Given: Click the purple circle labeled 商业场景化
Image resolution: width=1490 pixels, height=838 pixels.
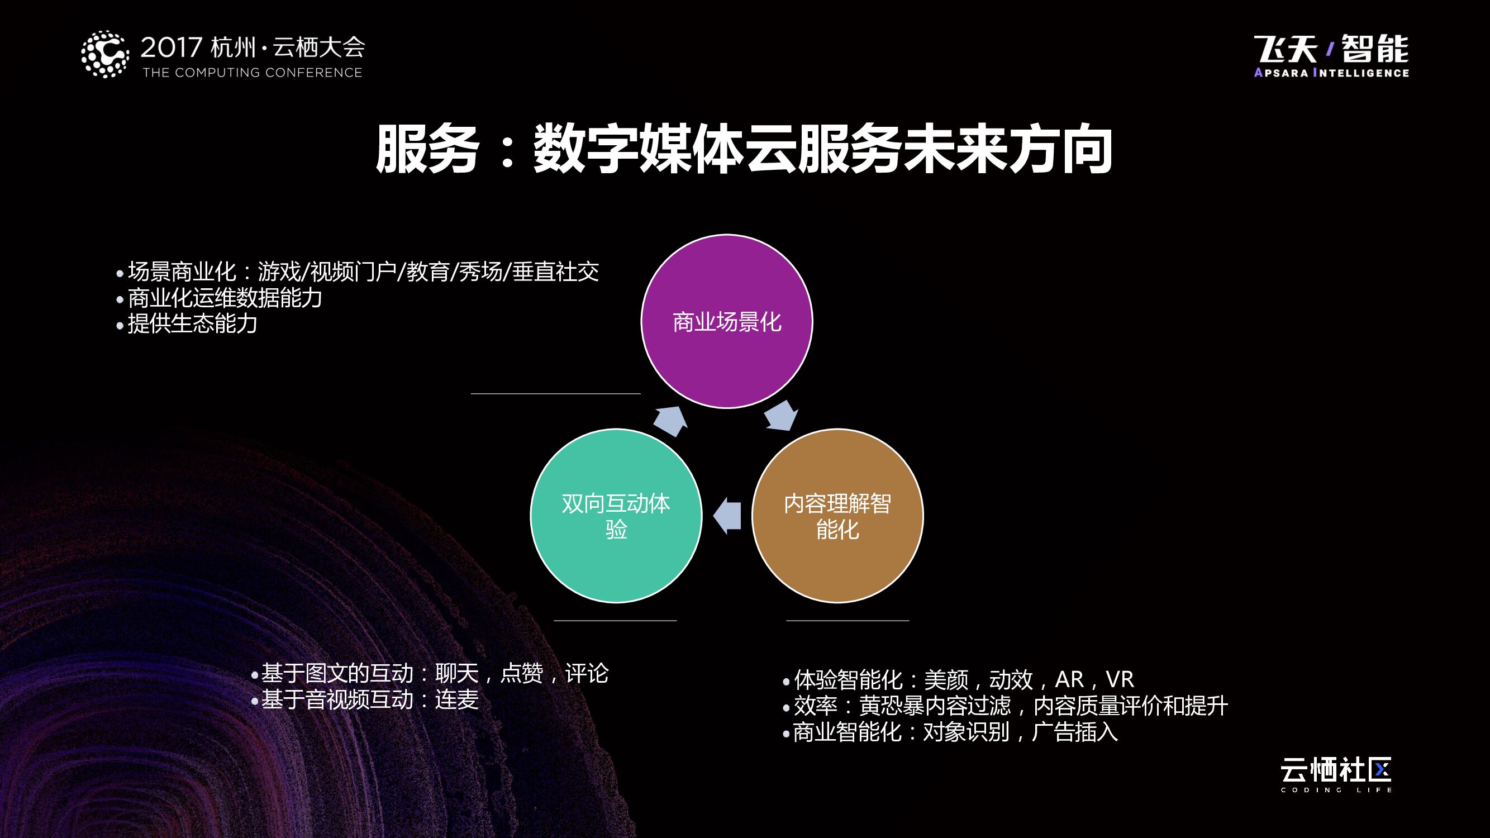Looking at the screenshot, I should coord(726,322).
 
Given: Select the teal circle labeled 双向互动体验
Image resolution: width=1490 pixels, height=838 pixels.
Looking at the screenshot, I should coord(616,515).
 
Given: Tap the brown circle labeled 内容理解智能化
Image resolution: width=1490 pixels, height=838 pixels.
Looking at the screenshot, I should coord(837,515).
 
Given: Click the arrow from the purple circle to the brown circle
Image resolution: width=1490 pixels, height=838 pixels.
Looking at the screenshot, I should coord(782,415).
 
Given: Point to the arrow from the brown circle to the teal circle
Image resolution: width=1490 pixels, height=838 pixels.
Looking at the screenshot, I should coord(727,515).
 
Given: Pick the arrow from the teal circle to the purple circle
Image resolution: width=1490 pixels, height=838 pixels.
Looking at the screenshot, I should coord(670,421).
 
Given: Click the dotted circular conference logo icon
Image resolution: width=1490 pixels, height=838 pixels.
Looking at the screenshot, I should coord(104,54).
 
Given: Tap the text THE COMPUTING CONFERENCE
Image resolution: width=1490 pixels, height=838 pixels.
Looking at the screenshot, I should coord(252,73).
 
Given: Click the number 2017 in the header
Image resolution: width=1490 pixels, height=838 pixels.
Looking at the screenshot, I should coord(171,47).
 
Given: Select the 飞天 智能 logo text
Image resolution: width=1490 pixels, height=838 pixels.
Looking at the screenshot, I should coord(1331,49).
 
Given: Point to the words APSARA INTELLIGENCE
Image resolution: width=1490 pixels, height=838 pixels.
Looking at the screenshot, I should coord(1331,73).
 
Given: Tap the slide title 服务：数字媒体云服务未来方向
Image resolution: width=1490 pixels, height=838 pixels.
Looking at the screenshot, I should coord(744,149).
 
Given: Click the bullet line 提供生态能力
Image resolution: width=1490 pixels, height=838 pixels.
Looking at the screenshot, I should coord(192,324).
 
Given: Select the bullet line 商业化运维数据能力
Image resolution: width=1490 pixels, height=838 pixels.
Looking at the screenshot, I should coord(225,298).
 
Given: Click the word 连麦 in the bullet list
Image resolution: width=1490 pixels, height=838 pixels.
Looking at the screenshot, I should coord(457,700).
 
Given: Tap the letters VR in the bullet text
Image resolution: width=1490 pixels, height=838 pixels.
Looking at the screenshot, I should coord(1120,679).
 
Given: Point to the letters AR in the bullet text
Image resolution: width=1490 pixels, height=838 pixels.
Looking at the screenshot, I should coord(1069,679).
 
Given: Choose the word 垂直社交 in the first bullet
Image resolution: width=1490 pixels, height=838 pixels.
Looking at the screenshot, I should coord(555,272).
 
